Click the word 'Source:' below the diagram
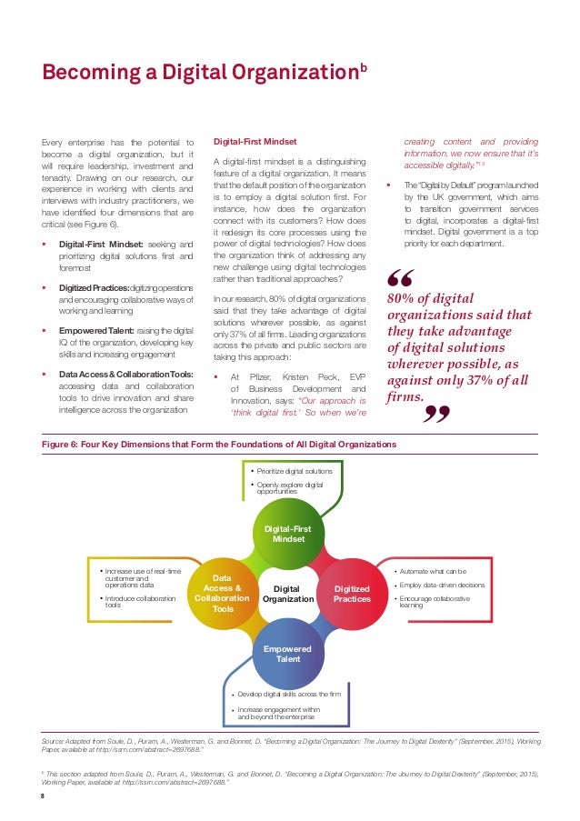[56, 742]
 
